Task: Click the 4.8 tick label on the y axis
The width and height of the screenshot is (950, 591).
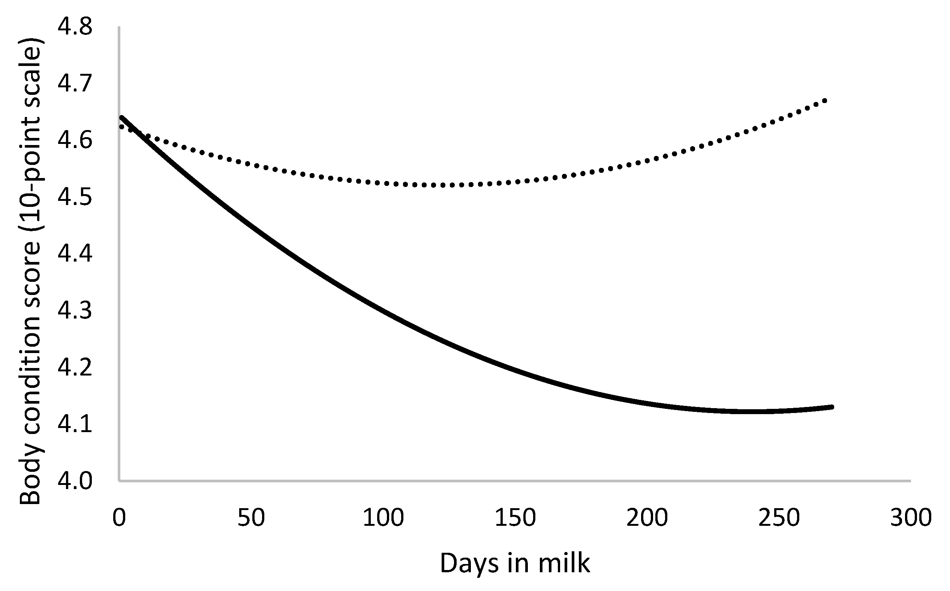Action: point(75,27)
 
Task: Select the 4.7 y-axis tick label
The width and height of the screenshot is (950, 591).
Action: point(75,84)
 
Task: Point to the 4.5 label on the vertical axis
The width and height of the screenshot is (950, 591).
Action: point(75,197)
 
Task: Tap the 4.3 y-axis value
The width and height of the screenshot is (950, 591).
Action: point(75,310)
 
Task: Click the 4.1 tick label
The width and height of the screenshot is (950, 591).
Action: point(75,424)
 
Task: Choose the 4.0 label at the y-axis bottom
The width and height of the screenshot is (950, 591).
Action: point(75,481)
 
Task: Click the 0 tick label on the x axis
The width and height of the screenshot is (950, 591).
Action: point(119,518)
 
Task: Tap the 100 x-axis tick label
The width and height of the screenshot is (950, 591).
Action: point(383,518)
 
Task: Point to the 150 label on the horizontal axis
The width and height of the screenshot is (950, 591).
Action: point(515,518)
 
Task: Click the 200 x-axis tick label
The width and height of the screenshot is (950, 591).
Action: point(647,518)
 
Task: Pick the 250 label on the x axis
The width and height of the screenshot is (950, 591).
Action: point(779,518)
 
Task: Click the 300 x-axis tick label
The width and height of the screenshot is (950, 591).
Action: point(911,518)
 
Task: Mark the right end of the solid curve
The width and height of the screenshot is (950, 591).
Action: point(832,407)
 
